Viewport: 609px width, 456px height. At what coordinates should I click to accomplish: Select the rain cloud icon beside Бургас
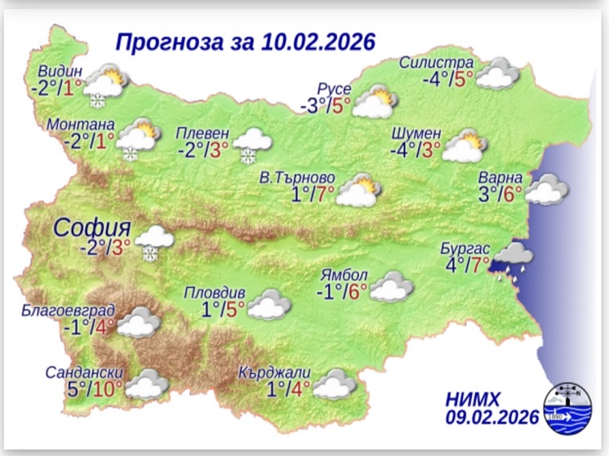point(511,259)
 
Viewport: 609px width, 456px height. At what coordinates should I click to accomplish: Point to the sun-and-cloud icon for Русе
point(375,104)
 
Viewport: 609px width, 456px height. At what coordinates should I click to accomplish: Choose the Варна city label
point(501,178)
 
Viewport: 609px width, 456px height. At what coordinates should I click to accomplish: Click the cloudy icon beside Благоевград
point(142,322)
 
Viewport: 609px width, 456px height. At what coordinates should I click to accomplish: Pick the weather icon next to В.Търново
point(359,190)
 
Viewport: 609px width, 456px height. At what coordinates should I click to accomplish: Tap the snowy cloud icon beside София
point(153,241)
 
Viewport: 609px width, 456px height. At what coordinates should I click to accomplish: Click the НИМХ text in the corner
point(472,399)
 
